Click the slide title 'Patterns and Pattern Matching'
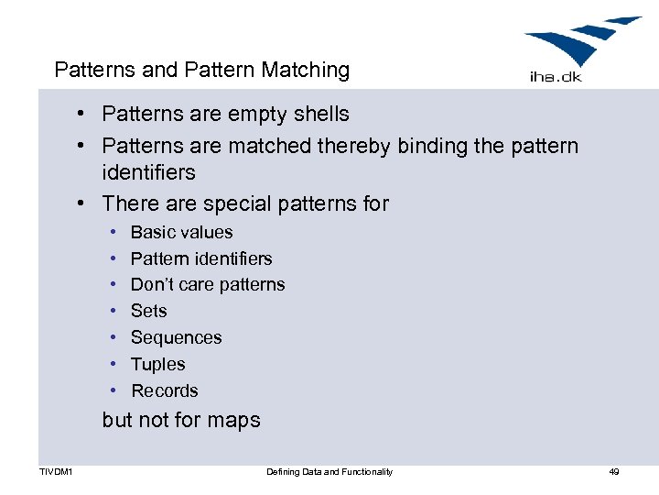202,70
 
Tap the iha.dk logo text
556,76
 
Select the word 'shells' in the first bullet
320,115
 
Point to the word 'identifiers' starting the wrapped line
148,172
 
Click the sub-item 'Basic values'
181,233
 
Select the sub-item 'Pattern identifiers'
201,259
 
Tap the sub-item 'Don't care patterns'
208,285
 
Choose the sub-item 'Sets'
148,312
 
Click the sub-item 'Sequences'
176,338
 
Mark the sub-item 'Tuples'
157,365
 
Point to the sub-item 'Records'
165,391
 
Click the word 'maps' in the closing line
236,421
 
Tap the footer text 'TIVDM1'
57,472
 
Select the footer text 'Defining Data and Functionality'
329,472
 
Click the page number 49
613,472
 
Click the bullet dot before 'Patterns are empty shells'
81,115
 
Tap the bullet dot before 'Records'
111,391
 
